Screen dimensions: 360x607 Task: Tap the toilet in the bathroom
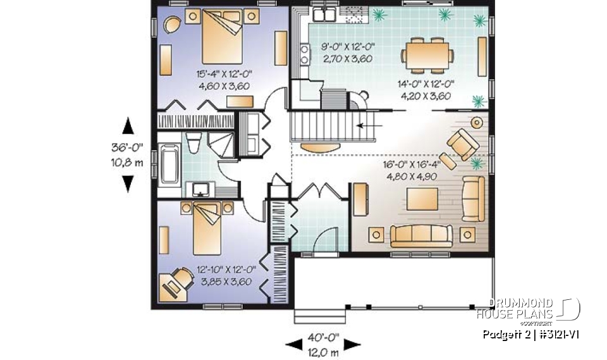pos(195,144)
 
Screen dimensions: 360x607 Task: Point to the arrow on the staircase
pos(364,125)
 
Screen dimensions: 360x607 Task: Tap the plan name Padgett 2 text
pos(505,334)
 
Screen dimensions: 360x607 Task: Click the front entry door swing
pos(323,239)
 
